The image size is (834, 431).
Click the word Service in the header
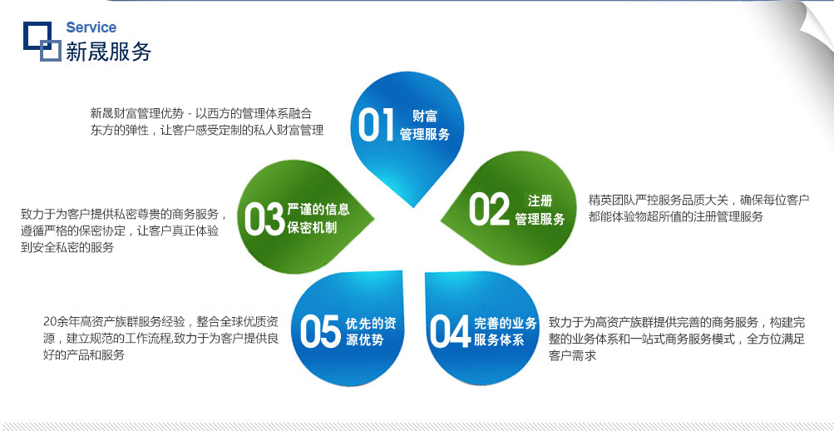pos(91,27)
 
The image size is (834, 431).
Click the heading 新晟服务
pos(108,52)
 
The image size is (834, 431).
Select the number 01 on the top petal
pos(376,125)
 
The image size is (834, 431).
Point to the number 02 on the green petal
pos(489,209)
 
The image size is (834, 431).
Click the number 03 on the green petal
pos(264,219)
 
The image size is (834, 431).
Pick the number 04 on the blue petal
pos(451,331)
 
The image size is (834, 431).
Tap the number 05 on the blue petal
pos(319,331)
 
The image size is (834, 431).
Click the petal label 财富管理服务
pos(424,125)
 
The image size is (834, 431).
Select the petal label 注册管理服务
pos(540,210)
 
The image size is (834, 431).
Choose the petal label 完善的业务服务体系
pos(506,331)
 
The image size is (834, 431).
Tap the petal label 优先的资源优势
pos(371,331)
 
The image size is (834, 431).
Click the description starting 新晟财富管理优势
pos(207,121)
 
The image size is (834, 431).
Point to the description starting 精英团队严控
pos(699,208)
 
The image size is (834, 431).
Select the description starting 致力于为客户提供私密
pos(124,230)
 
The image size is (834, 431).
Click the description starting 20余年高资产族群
pos(160,338)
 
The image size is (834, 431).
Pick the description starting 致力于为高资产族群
pos(677,339)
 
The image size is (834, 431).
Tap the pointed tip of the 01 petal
pos(413,206)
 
